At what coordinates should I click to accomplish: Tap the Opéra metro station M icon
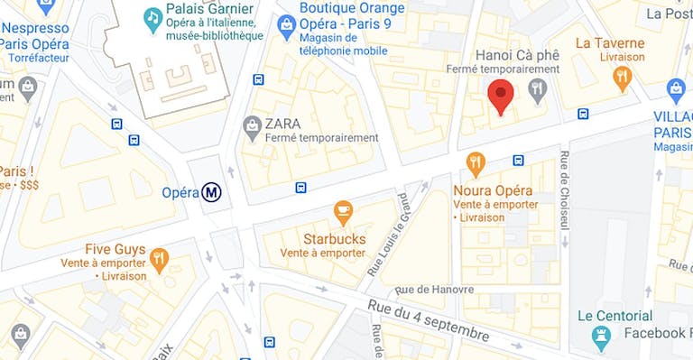click(212, 192)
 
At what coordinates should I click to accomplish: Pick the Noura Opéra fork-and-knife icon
click(476, 164)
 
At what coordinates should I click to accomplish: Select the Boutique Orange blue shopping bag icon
click(287, 21)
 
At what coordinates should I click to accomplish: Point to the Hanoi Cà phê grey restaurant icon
click(538, 88)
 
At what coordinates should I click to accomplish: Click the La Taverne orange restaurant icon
click(622, 78)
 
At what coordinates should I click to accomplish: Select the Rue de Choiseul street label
click(565, 190)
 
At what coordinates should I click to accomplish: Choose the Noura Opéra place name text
click(493, 190)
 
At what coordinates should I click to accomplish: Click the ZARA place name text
click(283, 123)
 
